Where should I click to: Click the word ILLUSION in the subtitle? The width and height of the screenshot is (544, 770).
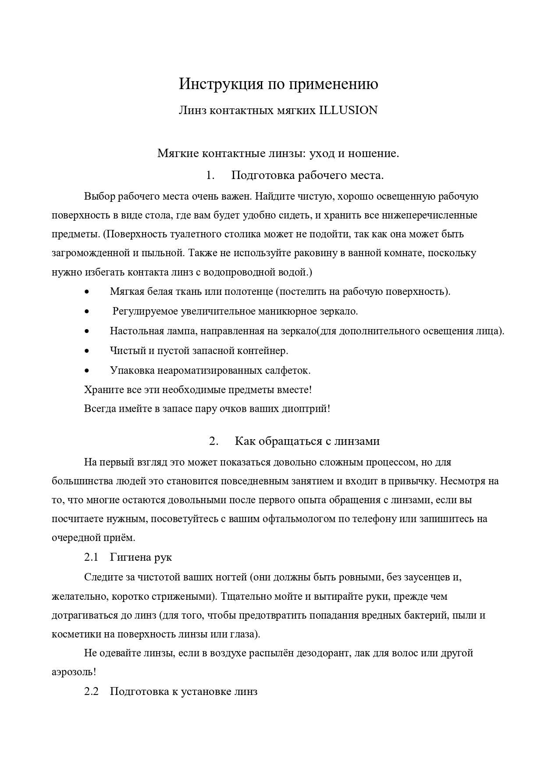[x=348, y=110]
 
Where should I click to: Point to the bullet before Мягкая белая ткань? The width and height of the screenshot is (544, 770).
[x=88, y=292]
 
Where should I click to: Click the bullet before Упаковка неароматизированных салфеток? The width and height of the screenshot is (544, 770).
[x=88, y=371]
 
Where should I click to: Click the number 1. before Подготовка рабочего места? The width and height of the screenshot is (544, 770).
[x=210, y=175]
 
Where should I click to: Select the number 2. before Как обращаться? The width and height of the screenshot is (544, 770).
[x=213, y=441]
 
